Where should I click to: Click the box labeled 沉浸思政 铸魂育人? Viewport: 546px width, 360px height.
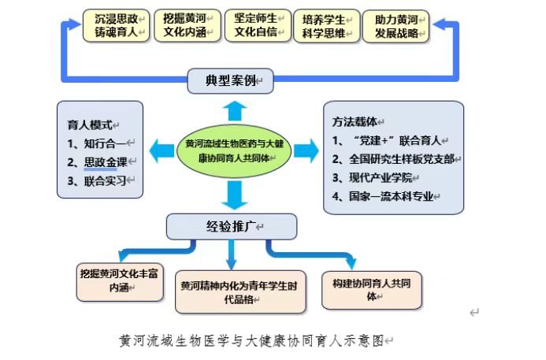(117, 25)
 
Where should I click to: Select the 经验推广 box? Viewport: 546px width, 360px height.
(232, 227)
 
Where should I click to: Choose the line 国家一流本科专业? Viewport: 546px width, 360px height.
(390, 196)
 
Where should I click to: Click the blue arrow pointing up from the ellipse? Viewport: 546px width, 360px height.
(233, 109)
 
